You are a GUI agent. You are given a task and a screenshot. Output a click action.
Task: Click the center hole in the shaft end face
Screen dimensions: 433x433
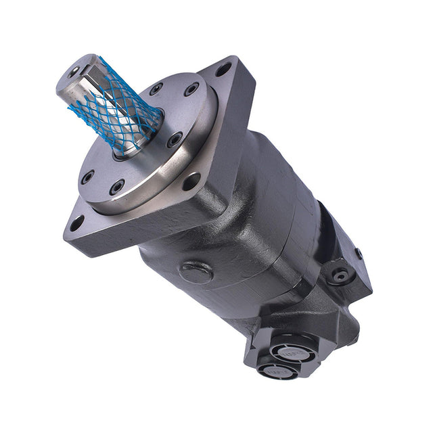74,70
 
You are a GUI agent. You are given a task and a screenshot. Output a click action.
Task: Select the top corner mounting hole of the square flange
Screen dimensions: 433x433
223,69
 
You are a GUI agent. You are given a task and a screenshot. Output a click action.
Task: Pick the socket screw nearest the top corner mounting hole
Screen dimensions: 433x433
192,88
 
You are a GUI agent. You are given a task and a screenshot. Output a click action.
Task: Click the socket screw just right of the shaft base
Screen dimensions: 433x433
175,140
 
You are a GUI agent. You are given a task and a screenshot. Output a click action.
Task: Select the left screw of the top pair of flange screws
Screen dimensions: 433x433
157,89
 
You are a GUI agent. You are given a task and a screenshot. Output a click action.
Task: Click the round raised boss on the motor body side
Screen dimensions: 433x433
196,272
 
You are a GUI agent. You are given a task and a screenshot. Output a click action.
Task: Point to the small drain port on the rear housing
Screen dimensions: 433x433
340,275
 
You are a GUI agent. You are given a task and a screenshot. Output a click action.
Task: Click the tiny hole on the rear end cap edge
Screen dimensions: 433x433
358,254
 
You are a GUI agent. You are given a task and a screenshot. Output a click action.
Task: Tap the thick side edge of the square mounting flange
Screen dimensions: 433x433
135,233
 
